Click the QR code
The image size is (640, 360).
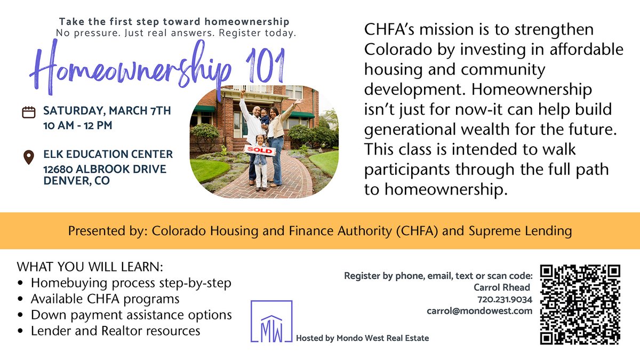(580, 305)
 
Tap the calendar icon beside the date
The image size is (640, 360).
(29, 112)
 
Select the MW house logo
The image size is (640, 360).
(271, 321)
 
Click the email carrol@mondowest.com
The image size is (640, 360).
(479, 311)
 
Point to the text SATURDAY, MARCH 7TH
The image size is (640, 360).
(107, 111)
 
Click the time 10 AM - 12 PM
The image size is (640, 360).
(78, 127)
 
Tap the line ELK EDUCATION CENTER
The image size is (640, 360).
(108, 154)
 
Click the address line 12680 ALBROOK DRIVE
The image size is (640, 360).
(105, 169)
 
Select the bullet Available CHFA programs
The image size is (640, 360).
(105, 299)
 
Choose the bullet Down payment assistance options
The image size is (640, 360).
(131, 315)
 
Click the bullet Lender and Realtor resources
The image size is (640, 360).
(115, 331)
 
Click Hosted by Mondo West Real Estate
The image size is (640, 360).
(362, 338)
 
